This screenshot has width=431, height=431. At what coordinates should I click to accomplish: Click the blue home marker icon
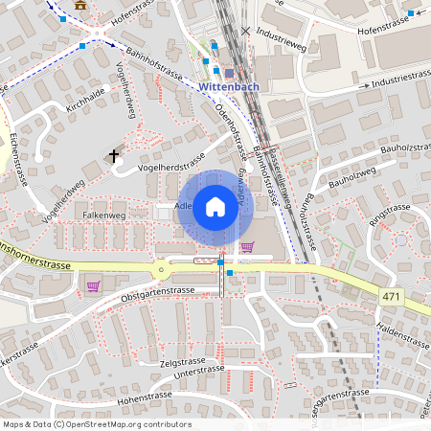point(215,208)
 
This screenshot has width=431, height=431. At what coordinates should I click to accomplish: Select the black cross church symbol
point(115,155)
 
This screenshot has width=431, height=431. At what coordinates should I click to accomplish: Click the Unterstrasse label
point(198,370)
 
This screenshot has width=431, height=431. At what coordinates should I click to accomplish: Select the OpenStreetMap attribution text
point(96,424)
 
